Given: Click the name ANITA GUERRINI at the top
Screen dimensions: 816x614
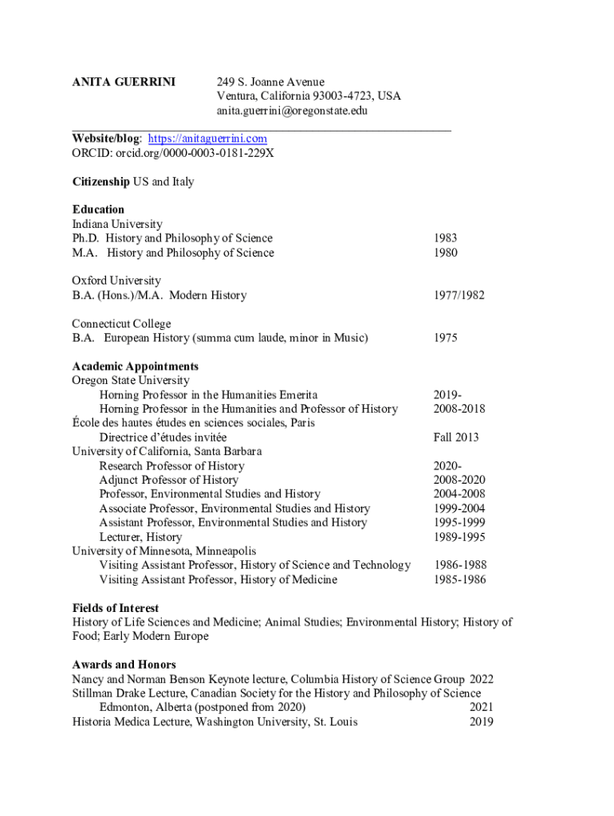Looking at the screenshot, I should point(124,82).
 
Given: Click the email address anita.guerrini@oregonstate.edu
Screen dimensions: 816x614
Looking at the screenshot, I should point(292,111).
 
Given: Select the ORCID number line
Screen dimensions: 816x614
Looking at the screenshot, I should point(173,153).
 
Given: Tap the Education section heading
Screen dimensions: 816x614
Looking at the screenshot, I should point(98,210).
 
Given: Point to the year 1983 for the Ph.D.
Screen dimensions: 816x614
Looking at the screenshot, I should point(446,238).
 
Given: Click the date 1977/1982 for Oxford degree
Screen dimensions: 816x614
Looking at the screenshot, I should point(459,295).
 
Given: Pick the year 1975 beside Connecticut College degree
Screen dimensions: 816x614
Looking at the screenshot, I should point(446,338).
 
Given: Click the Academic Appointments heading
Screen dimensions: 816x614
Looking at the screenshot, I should point(135,367).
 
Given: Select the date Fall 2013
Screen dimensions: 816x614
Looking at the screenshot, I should point(456,437).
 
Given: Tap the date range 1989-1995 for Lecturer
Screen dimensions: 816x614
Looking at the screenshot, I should point(459,536).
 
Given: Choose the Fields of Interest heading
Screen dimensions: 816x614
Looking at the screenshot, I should point(116,608).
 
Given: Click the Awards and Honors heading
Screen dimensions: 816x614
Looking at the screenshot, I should point(124,665).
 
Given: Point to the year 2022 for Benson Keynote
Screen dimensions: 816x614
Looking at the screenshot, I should point(482,679).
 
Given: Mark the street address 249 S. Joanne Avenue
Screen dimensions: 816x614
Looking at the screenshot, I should point(271,82).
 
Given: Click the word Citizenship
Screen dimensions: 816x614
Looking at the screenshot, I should point(100,182).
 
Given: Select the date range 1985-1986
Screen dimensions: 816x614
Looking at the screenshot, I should point(459,579).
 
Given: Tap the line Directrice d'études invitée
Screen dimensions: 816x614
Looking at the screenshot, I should point(163,437).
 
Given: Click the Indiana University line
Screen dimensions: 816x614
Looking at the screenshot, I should point(117,224).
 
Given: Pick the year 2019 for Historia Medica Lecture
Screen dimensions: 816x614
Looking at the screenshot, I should point(482,722).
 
